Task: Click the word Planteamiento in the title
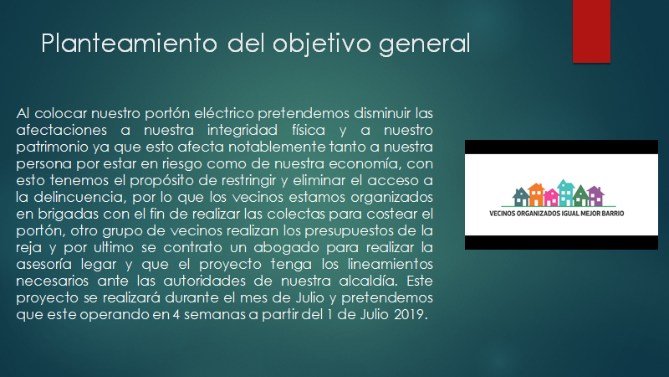pos(130,44)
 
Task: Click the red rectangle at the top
pos(591,31)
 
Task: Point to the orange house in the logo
pos(536,194)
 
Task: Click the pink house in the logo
pos(551,198)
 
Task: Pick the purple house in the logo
pos(595,196)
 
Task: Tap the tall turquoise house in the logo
pos(566,193)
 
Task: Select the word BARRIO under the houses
pos(612,214)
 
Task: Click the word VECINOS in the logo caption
pos(503,214)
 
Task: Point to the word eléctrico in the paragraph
pos(224,113)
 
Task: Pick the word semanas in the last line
pos(216,315)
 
